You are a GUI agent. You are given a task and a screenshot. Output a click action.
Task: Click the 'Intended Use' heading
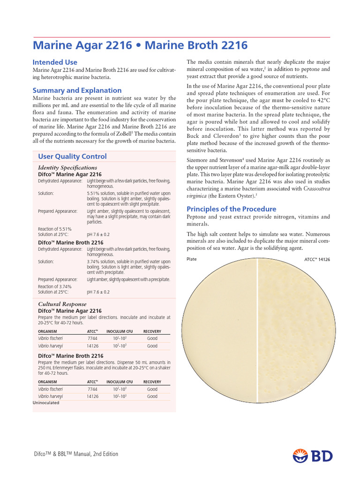tap(55, 62)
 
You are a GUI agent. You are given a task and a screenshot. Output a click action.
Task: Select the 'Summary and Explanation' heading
tap(77, 90)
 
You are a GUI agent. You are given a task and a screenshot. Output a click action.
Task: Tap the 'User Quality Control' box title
tap(72, 157)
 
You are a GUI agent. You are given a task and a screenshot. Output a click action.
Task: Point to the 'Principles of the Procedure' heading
tap(232, 209)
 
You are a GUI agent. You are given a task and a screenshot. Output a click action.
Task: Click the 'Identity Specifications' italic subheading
tap(67, 167)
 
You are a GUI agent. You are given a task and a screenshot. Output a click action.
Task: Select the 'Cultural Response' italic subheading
tap(62, 304)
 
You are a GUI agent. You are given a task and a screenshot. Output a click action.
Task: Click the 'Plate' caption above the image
tap(192, 259)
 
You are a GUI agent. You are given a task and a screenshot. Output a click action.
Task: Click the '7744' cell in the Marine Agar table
tap(92, 338)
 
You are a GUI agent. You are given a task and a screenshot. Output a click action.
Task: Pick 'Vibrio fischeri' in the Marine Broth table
tap(51, 389)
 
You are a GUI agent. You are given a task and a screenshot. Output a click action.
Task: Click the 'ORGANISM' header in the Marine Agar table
tap(48, 331)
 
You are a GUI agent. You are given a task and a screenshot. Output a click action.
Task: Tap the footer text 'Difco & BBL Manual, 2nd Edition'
tap(75, 454)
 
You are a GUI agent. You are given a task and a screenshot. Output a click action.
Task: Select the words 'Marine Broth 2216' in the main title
tap(196, 45)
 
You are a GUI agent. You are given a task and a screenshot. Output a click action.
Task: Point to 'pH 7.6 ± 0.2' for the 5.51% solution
tap(98, 234)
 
